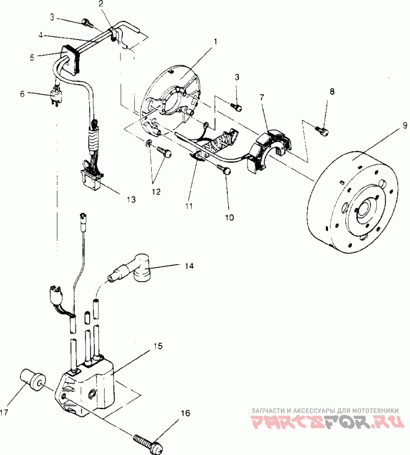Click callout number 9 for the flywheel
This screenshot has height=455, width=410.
tap(405, 125)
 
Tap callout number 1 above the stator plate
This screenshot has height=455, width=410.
tap(215, 42)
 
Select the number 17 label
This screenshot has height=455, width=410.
tap(4, 412)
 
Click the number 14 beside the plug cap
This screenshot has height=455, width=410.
tap(189, 266)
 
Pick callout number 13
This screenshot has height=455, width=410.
tap(131, 200)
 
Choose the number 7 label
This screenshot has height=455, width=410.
tap(262, 97)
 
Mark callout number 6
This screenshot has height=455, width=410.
tap(23, 94)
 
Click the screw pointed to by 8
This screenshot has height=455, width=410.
tap(322, 130)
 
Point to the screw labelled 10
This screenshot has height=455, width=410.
tap(224, 169)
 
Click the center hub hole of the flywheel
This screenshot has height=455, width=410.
tap(363, 209)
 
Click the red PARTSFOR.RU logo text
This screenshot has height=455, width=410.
tap(327, 422)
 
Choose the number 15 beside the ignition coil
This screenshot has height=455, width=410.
tap(158, 346)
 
